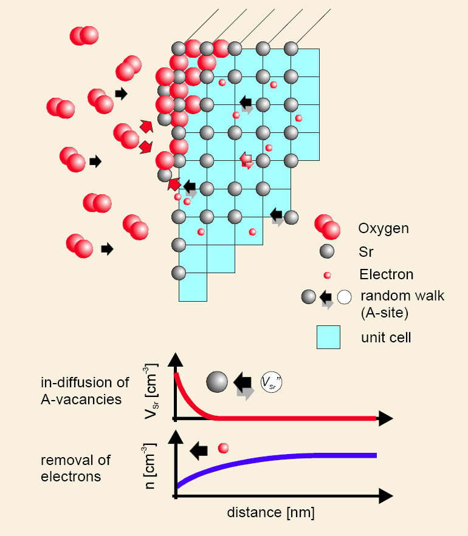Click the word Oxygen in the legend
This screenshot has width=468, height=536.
click(383, 229)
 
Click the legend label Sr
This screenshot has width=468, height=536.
click(366, 252)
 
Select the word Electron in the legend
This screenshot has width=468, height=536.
click(386, 274)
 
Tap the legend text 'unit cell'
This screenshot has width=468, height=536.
click(385, 337)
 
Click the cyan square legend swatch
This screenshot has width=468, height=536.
click(328, 337)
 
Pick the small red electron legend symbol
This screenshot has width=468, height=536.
click(328, 275)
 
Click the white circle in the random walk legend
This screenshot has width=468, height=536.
click(345, 297)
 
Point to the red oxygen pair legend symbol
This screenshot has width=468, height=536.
click(327, 226)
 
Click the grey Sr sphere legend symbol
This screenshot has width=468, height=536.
click(328, 251)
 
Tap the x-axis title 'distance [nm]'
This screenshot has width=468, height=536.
click(270, 512)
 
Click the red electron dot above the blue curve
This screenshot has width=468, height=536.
click(223, 449)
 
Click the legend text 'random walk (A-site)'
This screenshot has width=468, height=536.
click(402, 304)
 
